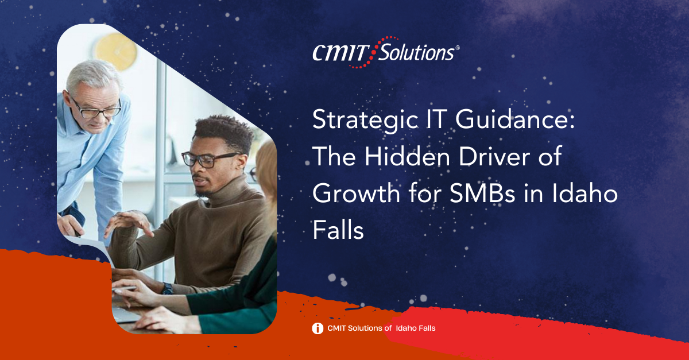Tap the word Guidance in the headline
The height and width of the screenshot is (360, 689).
pyautogui.click(x=515, y=119)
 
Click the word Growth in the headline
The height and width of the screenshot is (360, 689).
pyautogui.click(x=356, y=193)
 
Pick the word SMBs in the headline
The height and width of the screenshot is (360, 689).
pyautogui.click(x=482, y=193)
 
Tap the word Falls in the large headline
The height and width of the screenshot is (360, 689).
pyautogui.click(x=338, y=230)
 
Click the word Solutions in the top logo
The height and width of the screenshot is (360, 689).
pyautogui.click(x=416, y=53)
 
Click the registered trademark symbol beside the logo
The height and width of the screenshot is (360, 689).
pyautogui.click(x=458, y=48)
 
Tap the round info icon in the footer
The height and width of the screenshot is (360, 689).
pyautogui.click(x=318, y=328)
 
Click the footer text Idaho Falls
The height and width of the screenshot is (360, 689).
pyautogui.click(x=416, y=328)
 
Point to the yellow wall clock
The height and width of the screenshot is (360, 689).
pyautogui.click(x=115, y=51)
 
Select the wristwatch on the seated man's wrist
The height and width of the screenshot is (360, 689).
pyautogui.click(x=167, y=289)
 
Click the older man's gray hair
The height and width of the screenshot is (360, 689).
pyautogui.click(x=92, y=75)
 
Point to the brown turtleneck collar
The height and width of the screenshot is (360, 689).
pyautogui.click(x=234, y=191)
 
